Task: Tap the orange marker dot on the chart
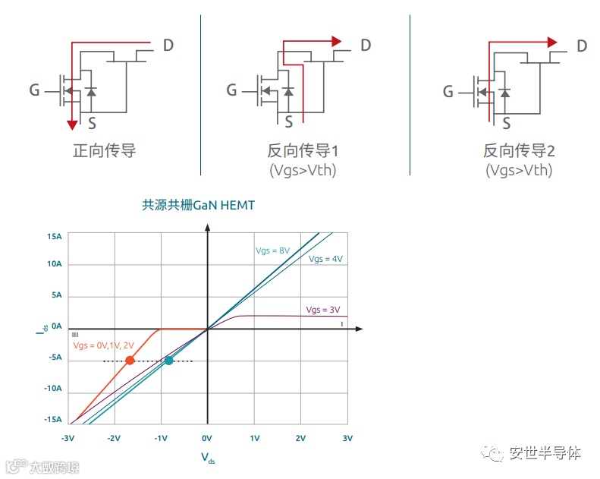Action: click(130, 360)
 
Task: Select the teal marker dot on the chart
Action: click(168, 360)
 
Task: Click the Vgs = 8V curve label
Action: click(272, 251)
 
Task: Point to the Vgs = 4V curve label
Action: click(325, 259)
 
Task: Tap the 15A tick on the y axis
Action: click(53, 237)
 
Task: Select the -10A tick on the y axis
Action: click(52, 389)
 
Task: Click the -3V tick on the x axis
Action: click(68, 439)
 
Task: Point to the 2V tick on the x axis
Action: click(300, 439)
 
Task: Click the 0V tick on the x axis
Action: click(206, 439)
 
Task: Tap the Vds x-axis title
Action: click(207, 457)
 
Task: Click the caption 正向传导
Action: click(104, 150)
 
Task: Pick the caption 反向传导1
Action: click(302, 150)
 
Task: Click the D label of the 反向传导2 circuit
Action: click(582, 46)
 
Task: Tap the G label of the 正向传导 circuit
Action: click(34, 91)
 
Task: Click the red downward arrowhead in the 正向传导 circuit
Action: click(71, 124)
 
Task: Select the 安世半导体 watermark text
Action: click(545, 453)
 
